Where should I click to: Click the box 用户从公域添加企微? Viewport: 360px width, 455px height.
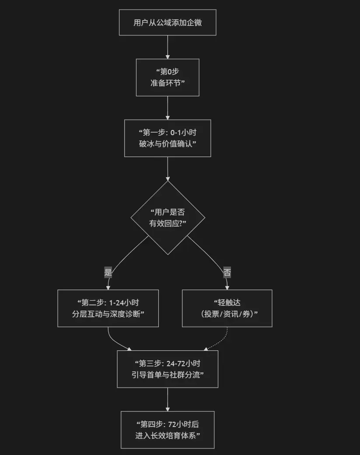pos(168,23)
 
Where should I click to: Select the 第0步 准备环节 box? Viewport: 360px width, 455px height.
pos(168,77)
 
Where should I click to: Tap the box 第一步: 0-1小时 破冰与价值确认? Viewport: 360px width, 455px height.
pos(168,138)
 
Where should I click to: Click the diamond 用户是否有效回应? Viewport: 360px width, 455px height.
pos(168,217)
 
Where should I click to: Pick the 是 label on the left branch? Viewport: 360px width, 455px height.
pos(108,272)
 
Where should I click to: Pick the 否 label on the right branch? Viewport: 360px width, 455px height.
pos(227,272)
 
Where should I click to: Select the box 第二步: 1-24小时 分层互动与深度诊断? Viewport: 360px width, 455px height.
pos(108,308)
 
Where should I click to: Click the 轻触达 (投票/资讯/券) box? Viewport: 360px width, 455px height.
pos(227,308)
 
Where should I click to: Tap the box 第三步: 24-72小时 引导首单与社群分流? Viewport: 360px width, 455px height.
pos(168,369)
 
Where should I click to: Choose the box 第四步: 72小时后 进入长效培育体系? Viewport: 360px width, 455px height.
pos(168,430)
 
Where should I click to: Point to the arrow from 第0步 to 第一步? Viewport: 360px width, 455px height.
pos(168,108)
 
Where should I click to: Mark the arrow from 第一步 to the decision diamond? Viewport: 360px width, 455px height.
pos(168,168)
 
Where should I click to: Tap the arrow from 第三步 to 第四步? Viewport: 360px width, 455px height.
pos(168,399)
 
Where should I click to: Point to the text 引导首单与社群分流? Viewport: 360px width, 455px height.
pos(168,374)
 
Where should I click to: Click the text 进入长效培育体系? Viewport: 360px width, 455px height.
pos(168,435)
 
